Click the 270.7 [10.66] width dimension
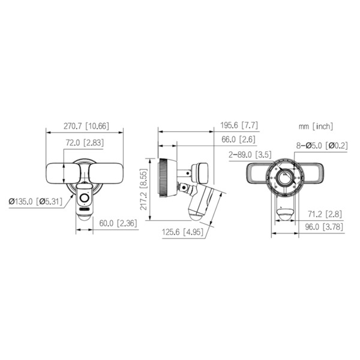pos(86,126)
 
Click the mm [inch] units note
pos(316,127)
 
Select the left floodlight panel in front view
pos(58,173)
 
